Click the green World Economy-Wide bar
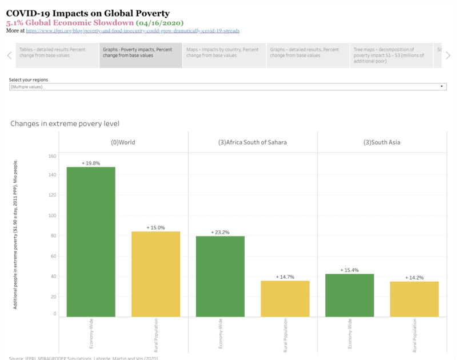[x=91, y=241]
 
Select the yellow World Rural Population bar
[x=155, y=274]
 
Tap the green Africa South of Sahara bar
[x=220, y=276]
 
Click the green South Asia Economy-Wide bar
[x=349, y=295]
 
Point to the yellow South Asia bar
[x=414, y=298]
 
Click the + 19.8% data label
[x=91, y=163]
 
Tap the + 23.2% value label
[x=220, y=233]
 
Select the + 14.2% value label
[x=414, y=278]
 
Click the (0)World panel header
[x=123, y=142]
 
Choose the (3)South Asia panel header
[x=382, y=142]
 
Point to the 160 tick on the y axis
[x=53, y=156]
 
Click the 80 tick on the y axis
[x=53, y=235]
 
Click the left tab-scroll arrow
[x=9, y=55]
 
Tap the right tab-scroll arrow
[x=448, y=55]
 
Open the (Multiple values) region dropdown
[x=227, y=87]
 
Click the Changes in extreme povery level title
[x=65, y=123]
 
